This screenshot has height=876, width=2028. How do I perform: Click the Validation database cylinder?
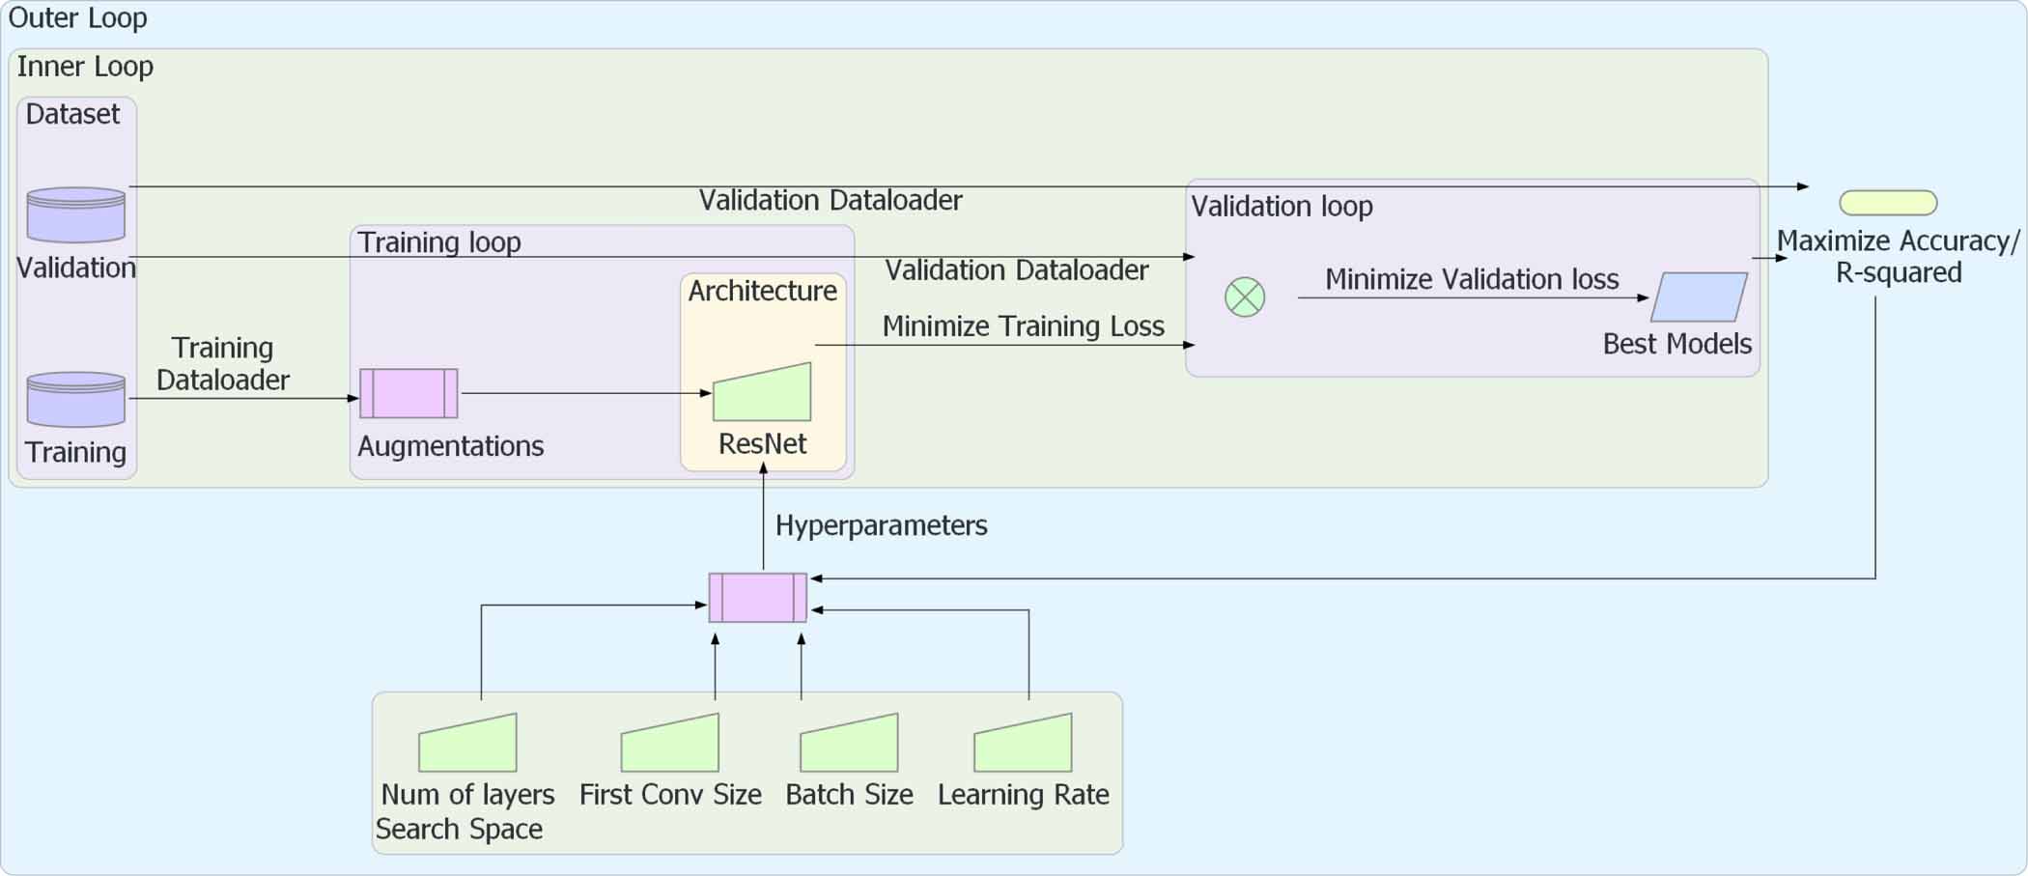pyautogui.click(x=76, y=214)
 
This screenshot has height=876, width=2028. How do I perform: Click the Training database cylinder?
pyautogui.click(x=76, y=399)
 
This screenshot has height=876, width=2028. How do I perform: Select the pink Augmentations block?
pyautogui.click(x=408, y=393)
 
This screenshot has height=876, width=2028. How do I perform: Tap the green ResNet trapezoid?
pyautogui.click(x=763, y=394)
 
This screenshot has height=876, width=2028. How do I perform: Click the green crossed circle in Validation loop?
pyautogui.click(x=1245, y=297)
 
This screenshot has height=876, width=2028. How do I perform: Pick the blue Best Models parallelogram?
pyautogui.click(x=1699, y=297)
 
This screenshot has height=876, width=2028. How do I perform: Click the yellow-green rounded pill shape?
pyautogui.click(x=1888, y=203)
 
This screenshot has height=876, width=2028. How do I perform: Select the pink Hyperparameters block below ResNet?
pyautogui.click(x=758, y=598)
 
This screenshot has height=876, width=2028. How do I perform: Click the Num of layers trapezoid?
pyautogui.click(x=468, y=744)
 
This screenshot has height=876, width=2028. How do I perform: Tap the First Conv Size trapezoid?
pyautogui.click(x=670, y=744)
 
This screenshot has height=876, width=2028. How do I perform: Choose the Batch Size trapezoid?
pyautogui.click(x=850, y=744)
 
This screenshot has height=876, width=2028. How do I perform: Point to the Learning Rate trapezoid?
pyautogui.click(x=1024, y=744)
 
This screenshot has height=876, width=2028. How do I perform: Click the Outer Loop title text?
pyautogui.click(x=78, y=18)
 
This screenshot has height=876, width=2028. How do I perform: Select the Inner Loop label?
pyautogui.click(x=85, y=67)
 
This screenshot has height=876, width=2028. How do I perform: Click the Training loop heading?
pyautogui.click(x=439, y=242)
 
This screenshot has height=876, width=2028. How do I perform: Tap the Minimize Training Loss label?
pyautogui.click(x=1024, y=326)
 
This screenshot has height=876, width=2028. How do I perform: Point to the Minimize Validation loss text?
pyautogui.click(x=1472, y=280)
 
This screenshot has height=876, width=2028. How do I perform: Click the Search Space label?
pyautogui.click(x=459, y=829)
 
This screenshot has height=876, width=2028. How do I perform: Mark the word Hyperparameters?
pyautogui.click(x=882, y=525)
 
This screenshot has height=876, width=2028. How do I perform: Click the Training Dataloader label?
pyautogui.click(x=223, y=364)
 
